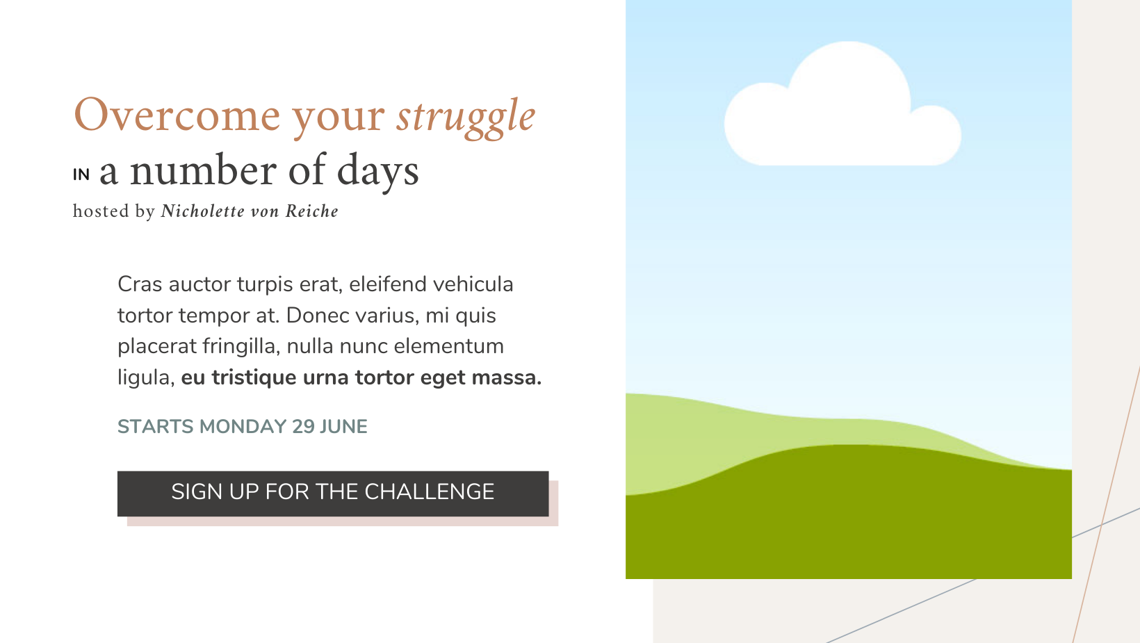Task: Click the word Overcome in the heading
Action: [177, 115]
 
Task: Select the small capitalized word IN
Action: [81, 175]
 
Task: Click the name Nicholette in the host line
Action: [202, 211]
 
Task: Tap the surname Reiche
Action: [311, 211]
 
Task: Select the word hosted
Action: [101, 211]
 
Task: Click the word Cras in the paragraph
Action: [140, 284]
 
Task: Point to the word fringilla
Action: [241, 347]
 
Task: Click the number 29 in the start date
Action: [303, 427]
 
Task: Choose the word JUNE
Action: [343, 427]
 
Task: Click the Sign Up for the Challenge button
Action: [333, 494]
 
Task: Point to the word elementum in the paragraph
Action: [449, 346]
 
